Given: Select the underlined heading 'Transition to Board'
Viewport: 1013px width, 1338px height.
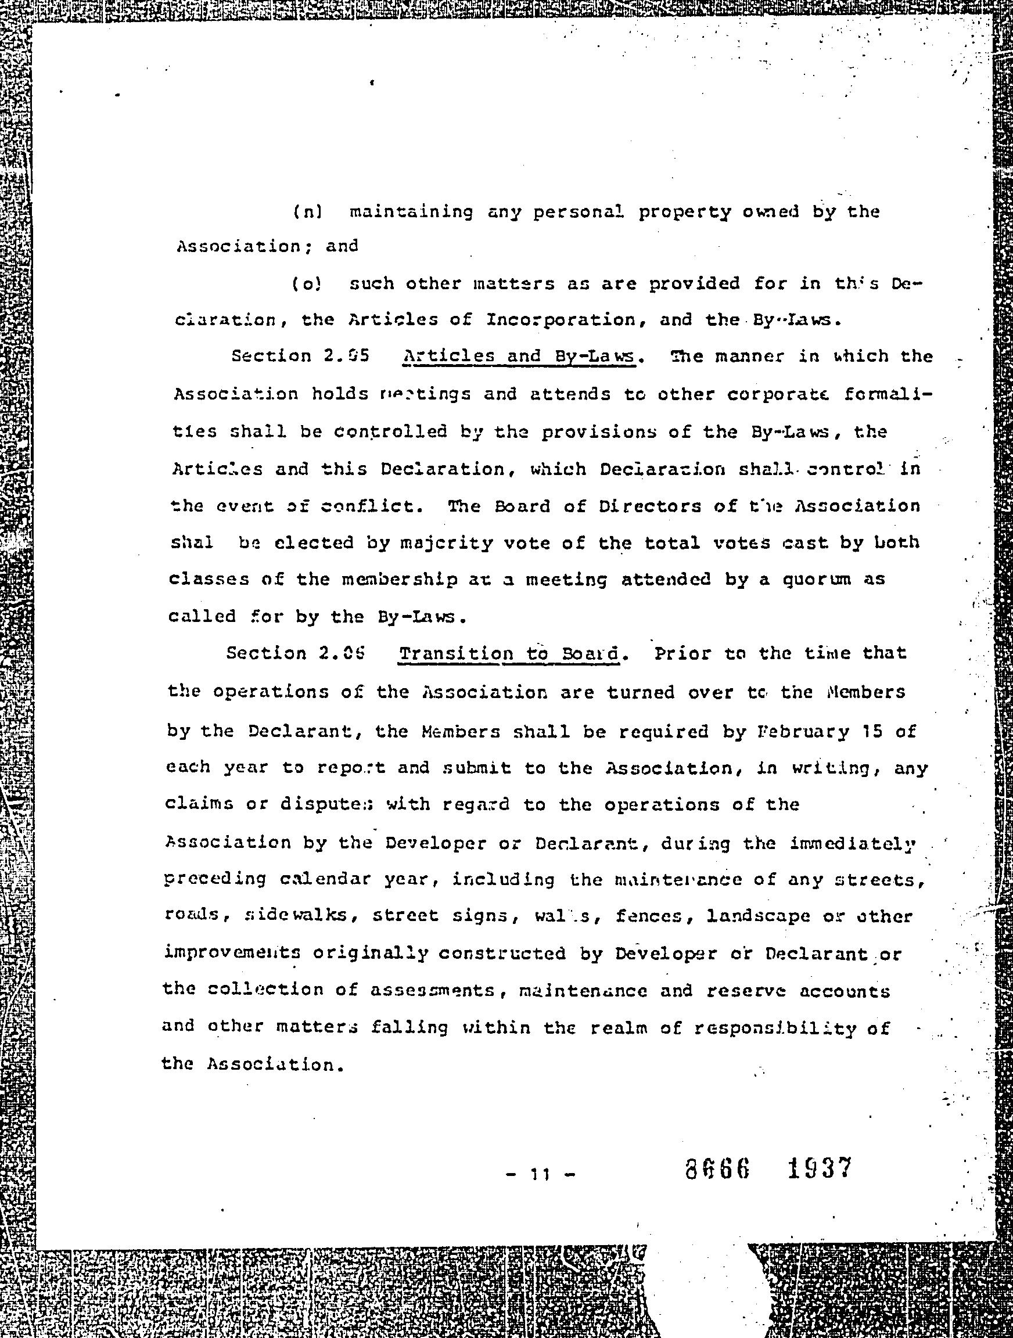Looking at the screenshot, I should pos(510,654).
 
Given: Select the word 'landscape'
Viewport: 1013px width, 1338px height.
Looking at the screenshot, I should pos(758,916).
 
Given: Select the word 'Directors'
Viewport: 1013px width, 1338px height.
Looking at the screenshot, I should pos(645,506).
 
